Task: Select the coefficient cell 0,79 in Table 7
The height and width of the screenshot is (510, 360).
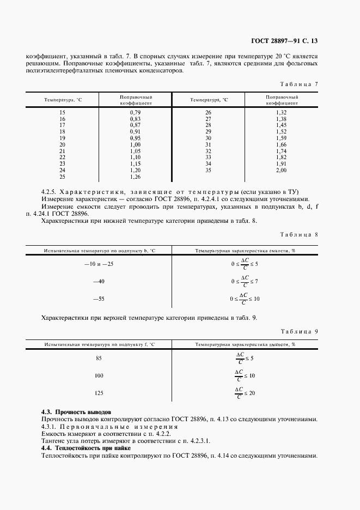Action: click(x=135, y=112)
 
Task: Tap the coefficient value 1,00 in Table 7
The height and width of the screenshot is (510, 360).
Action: click(x=135, y=144)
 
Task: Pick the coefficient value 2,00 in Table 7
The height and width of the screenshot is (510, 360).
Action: click(x=281, y=171)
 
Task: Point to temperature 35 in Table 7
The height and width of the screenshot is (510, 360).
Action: click(x=208, y=171)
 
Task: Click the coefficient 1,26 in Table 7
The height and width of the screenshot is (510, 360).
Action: click(x=135, y=177)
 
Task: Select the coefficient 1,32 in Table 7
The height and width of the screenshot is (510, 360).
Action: click(x=281, y=112)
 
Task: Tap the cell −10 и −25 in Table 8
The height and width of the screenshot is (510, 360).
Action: click(x=99, y=264)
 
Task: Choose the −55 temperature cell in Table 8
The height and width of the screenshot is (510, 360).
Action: click(x=99, y=299)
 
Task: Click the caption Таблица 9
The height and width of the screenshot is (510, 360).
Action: click(x=298, y=331)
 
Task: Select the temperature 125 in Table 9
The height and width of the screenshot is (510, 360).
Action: click(x=99, y=393)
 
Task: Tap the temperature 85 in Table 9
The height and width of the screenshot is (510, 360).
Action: click(x=99, y=358)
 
